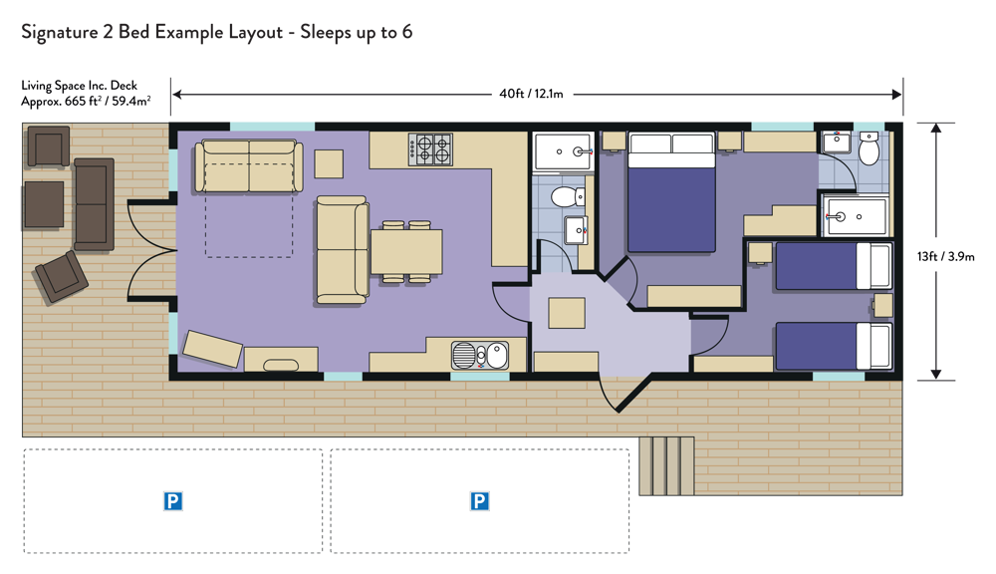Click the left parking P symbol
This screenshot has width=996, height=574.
(172, 501)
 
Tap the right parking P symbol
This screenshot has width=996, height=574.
(480, 501)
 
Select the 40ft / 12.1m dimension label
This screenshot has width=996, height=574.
(531, 94)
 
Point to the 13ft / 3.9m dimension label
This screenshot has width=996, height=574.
(945, 256)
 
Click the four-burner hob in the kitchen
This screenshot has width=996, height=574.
(430, 149)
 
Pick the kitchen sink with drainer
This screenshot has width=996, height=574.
(480, 356)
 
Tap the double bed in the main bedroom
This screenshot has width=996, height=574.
(671, 192)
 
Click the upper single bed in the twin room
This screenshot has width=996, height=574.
(834, 266)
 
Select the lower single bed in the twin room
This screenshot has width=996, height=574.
(834, 347)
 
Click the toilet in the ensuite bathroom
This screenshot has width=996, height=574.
(869, 149)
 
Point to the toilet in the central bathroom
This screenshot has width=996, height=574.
(568, 196)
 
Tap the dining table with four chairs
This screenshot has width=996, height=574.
(406, 252)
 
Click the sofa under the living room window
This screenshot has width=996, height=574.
(248, 165)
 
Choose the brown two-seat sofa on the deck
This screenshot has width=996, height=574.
(94, 204)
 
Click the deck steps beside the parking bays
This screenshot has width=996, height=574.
(666, 466)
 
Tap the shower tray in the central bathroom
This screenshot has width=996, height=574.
(563, 151)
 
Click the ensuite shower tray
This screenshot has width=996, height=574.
(855, 216)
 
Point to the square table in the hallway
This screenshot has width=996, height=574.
(567, 313)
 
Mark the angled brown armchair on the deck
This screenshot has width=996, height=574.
(62, 277)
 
